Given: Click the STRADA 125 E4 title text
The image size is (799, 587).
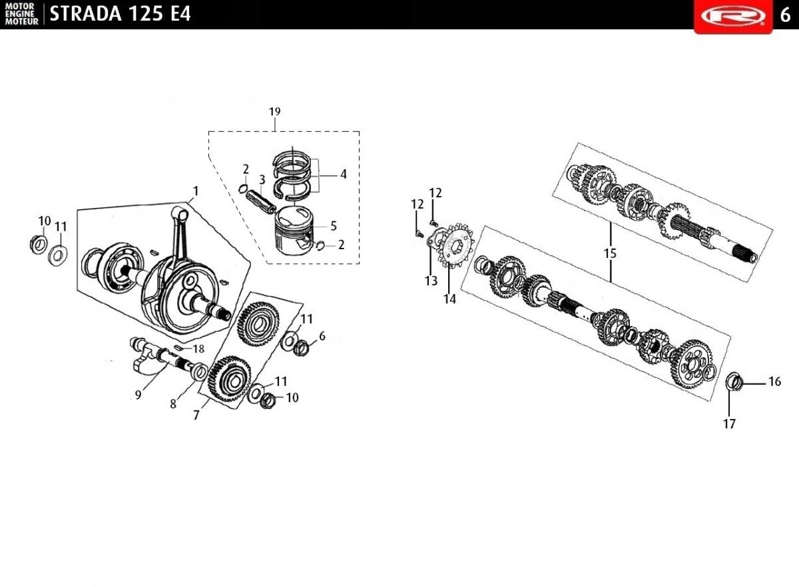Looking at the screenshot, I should pyautogui.click(x=120, y=13).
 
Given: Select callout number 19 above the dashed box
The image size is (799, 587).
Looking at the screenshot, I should pyautogui.click(x=275, y=111).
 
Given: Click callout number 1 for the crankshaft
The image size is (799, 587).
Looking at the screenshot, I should pyautogui.click(x=195, y=191).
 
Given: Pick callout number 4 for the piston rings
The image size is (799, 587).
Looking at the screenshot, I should pyautogui.click(x=343, y=175).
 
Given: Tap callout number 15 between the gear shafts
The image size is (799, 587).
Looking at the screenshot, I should pyautogui.click(x=611, y=253).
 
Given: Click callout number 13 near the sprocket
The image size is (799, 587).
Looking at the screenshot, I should pyautogui.click(x=431, y=281).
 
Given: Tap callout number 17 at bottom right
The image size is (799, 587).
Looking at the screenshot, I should pyautogui.click(x=730, y=424).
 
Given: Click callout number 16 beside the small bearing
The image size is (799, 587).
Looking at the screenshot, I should pyautogui.click(x=774, y=382).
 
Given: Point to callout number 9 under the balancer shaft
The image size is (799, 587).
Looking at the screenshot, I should pyautogui.click(x=138, y=394).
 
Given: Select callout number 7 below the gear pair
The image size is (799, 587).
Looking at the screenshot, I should pyautogui.click(x=196, y=415).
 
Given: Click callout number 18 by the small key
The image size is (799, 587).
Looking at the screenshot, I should pyautogui.click(x=198, y=348).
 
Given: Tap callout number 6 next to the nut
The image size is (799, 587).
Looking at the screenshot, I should pyautogui.click(x=322, y=336).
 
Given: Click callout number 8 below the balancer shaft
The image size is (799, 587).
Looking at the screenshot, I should pyautogui.click(x=173, y=403).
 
